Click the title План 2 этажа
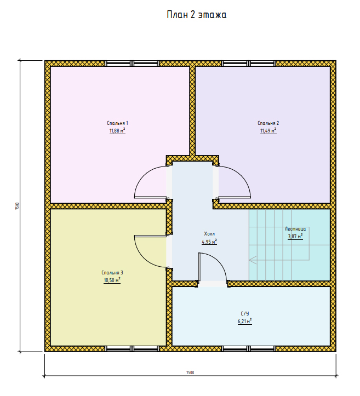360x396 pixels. click(197, 15)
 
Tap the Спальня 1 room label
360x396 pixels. click(117, 123)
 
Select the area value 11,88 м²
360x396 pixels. click(117, 130)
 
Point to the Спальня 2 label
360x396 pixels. click(268, 123)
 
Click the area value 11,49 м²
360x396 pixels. click(268, 130)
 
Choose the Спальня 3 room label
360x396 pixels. click(112, 273)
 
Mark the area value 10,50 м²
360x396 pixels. click(112, 280)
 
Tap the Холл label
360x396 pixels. click(209, 234)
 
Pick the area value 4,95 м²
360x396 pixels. click(209, 242)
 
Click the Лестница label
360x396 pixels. click(295, 229)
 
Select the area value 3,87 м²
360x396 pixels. click(295, 237)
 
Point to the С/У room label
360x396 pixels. click(245, 313)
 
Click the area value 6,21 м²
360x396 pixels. click(245, 322)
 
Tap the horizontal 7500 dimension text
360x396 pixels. click(190, 372)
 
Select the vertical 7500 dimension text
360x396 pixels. click(17, 206)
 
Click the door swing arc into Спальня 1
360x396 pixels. click(143, 175)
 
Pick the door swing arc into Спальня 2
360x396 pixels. click(242, 175)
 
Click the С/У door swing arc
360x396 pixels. click(218, 261)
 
